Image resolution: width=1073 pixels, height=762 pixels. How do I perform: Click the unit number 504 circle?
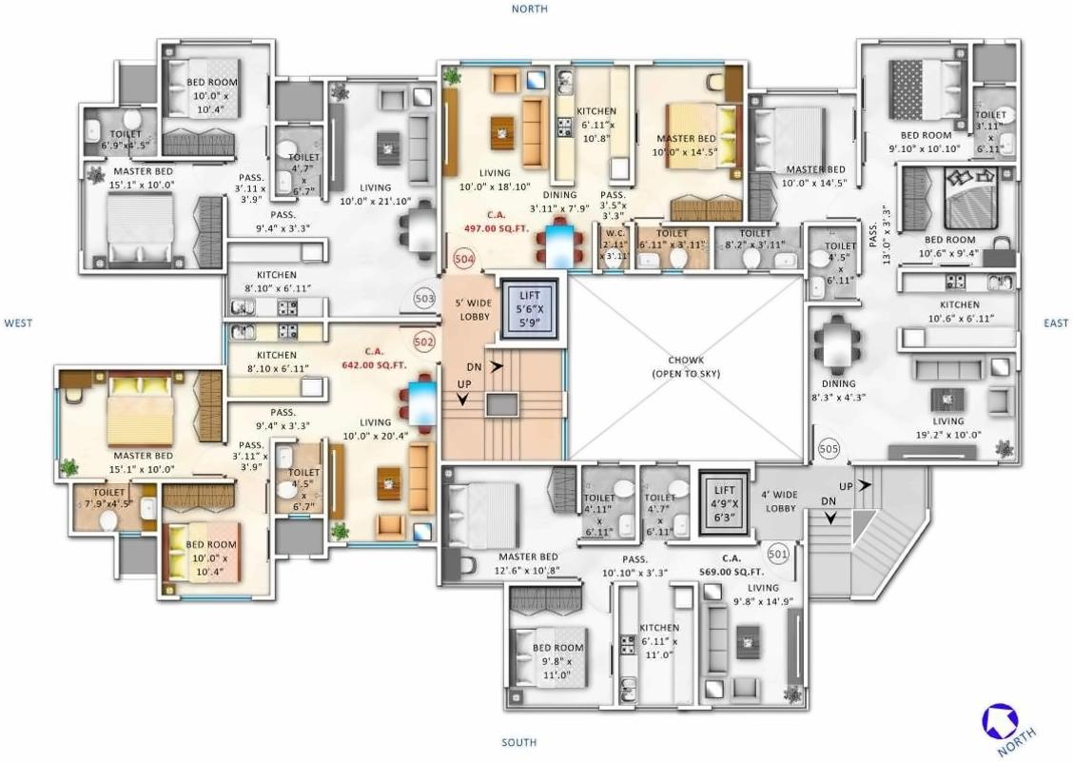[x=463, y=259]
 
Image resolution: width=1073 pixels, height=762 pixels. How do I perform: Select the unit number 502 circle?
[x=424, y=340]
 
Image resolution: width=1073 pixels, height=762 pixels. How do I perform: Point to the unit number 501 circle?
[x=777, y=552]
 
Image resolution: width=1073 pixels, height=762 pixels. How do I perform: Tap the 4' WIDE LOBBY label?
[x=780, y=501]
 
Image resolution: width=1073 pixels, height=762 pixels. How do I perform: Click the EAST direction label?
[x=1055, y=323]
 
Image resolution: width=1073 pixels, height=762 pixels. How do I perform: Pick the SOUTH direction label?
[x=518, y=742]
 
